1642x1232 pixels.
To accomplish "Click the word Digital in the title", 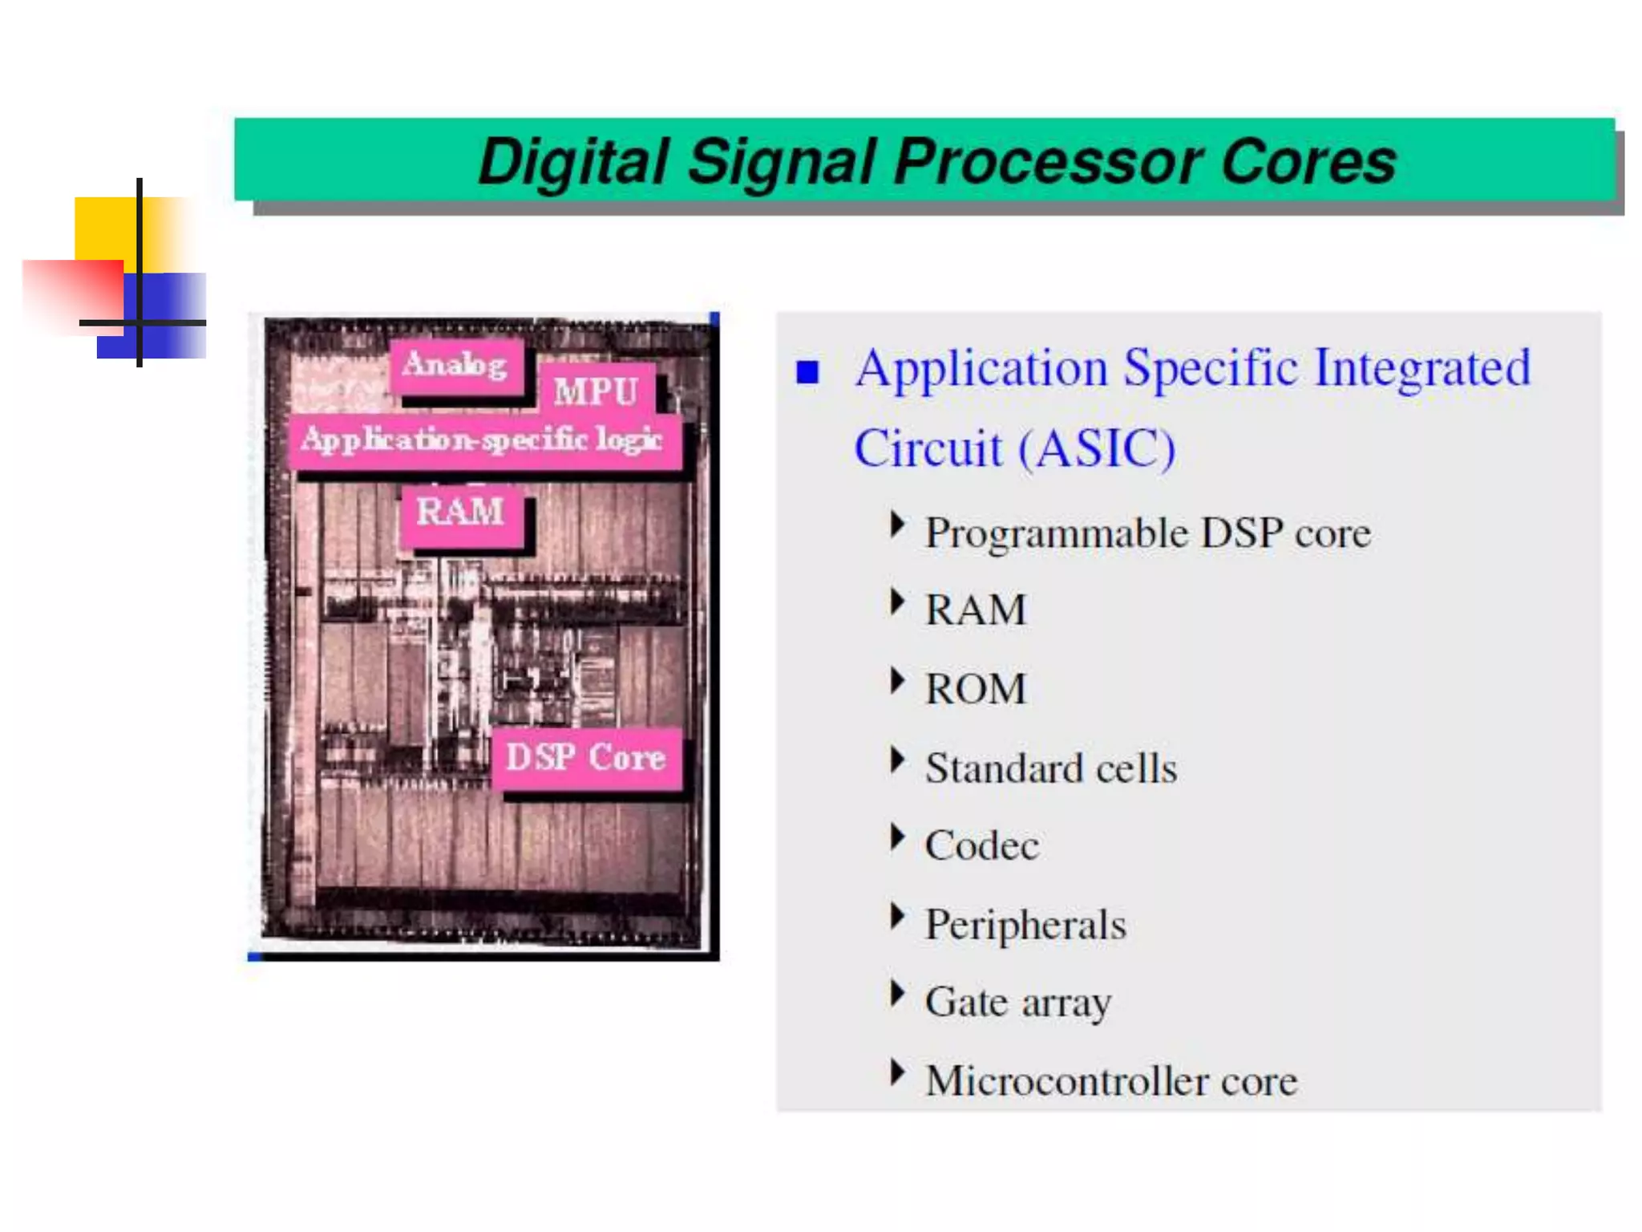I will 572,162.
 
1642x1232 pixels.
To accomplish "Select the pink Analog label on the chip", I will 455,365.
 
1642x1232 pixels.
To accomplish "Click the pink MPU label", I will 596,391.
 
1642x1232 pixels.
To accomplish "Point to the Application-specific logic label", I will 483,440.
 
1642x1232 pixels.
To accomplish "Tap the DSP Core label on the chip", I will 586,757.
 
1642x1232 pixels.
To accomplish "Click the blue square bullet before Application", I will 807,372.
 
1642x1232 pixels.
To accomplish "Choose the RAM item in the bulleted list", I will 976,610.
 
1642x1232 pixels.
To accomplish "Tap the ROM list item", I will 976,689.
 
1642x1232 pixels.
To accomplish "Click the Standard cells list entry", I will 1051,768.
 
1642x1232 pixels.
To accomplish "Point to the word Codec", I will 981,845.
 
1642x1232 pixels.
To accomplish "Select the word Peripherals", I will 1025,925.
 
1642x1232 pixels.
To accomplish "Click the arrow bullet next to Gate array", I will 897,994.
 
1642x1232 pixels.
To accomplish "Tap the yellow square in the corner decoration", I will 104,228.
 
